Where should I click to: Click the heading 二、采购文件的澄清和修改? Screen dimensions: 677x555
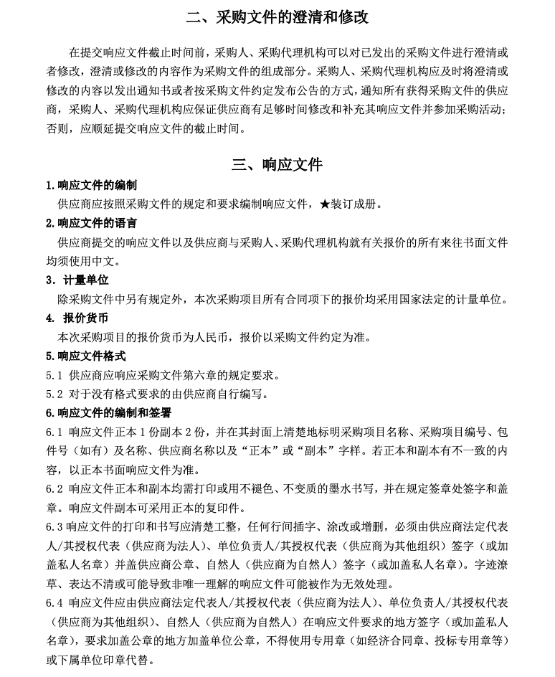pos(277,17)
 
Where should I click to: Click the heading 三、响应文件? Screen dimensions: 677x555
pos(277,165)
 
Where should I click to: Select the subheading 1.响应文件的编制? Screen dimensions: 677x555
pos(91,186)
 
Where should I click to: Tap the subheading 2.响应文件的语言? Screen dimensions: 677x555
pos(91,223)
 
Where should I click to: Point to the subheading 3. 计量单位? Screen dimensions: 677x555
pos(77,280)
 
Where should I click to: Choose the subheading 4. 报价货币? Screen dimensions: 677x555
pos(77,318)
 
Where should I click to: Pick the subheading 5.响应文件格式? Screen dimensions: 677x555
pos(85,356)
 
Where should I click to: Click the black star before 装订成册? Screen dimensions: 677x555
pos(324,204)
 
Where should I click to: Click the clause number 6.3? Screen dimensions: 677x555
pos(54,526)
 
